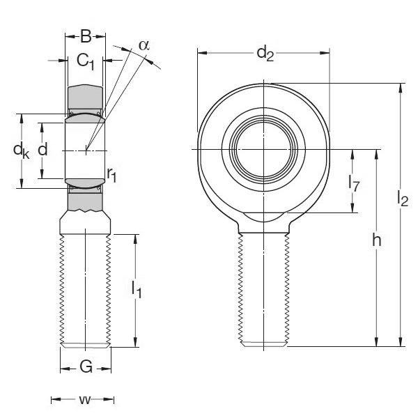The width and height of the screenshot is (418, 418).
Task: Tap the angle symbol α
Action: [x=144, y=45]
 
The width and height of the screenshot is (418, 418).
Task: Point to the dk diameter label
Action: [x=22, y=150]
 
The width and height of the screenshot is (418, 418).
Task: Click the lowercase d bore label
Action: [x=43, y=149]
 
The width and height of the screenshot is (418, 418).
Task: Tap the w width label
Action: [x=84, y=400]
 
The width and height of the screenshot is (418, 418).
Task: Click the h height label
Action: [x=376, y=240]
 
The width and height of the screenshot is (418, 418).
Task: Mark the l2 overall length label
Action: [x=402, y=200]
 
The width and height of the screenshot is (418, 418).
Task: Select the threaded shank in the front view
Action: [x=263, y=289]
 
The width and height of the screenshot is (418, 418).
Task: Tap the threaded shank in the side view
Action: [x=86, y=289]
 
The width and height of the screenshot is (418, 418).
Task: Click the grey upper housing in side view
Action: [x=86, y=98]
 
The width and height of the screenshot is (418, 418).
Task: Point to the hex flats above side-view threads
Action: [x=86, y=223]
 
